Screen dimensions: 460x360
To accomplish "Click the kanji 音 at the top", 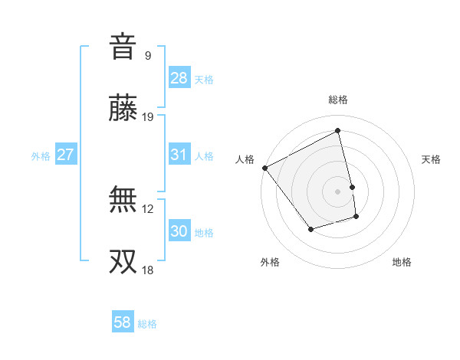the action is click(x=123, y=47).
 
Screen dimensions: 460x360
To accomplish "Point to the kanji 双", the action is click(x=123, y=262).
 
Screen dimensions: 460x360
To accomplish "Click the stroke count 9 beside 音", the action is click(x=147, y=55).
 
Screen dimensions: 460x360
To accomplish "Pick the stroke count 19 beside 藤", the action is click(x=148, y=117).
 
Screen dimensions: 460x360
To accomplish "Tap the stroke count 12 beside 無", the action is click(x=148, y=208).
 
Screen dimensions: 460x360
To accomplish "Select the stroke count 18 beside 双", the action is click(x=148, y=270).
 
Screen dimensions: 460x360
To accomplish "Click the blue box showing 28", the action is click(x=179, y=78).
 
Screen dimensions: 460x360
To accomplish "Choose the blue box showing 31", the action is click(x=179, y=155).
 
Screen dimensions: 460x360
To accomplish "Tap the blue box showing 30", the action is click(x=179, y=231).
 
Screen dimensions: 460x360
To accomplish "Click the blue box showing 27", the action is click(x=66, y=155).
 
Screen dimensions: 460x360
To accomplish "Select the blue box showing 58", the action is click(x=123, y=322).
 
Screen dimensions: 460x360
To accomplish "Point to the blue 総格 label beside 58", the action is click(x=147, y=324).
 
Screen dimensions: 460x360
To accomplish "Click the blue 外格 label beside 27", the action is click(x=41, y=156).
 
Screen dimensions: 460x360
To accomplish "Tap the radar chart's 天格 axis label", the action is click(x=431, y=159).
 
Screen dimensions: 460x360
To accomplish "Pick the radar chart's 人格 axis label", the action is click(x=245, y=159).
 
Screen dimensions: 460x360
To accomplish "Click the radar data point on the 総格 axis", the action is click(x=338, y=130).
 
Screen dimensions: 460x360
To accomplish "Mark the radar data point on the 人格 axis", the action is click(x=264, y=168).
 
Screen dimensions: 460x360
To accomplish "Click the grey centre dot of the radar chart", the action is click(x=338, y=191).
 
